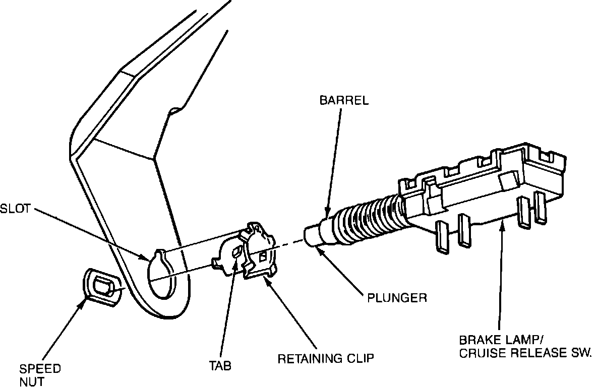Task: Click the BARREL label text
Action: (344, 100)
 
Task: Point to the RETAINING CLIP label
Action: (326, 359)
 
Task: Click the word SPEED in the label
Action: (40, 368)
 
